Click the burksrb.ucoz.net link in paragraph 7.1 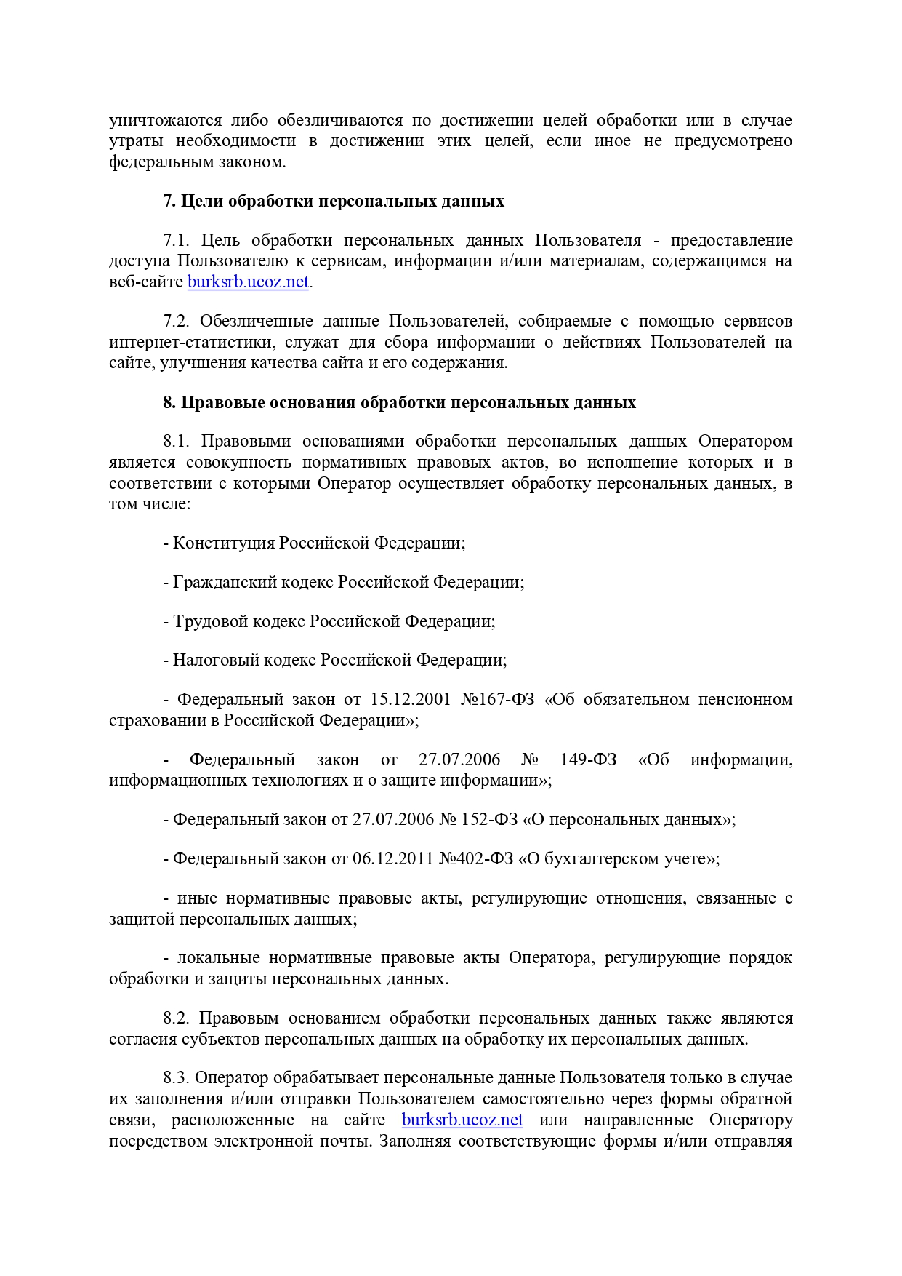click(x=248, y=282)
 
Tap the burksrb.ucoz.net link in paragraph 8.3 click(x=462, y=1120)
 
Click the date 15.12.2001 click(x=411, y=700)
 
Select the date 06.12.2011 click(x=393, y=859)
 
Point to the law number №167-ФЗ click(x=498, y=700)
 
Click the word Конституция click(x=224, y=543)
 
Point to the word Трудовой click(x=206, y=622)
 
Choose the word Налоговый click(x=208, y=661)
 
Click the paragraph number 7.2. click(x=176, y=322)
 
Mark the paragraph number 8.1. click(x=177, y=442)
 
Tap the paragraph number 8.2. click(x=176, y=1018)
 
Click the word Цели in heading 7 click(x=202, y=202)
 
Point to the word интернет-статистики click(x=192, y=343)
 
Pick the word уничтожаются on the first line click(x=165, y=121)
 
